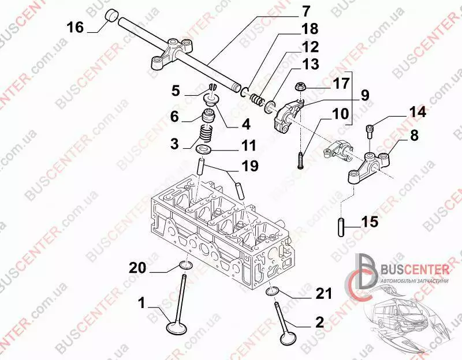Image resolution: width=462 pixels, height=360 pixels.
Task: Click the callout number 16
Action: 75,27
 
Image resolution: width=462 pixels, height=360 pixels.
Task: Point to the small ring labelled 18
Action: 245,91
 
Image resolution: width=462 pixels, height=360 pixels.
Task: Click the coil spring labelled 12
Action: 257,99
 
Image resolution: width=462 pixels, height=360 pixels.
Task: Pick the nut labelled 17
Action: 301,88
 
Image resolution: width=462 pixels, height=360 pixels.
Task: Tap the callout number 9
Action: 364,95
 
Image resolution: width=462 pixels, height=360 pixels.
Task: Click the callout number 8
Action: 414,136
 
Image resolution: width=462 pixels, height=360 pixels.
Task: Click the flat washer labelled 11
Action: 204,149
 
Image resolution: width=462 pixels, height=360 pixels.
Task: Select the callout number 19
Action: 249,166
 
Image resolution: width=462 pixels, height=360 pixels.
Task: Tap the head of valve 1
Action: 177,328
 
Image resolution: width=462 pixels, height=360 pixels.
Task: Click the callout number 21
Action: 323,294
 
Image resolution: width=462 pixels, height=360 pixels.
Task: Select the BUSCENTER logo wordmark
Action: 415,269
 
